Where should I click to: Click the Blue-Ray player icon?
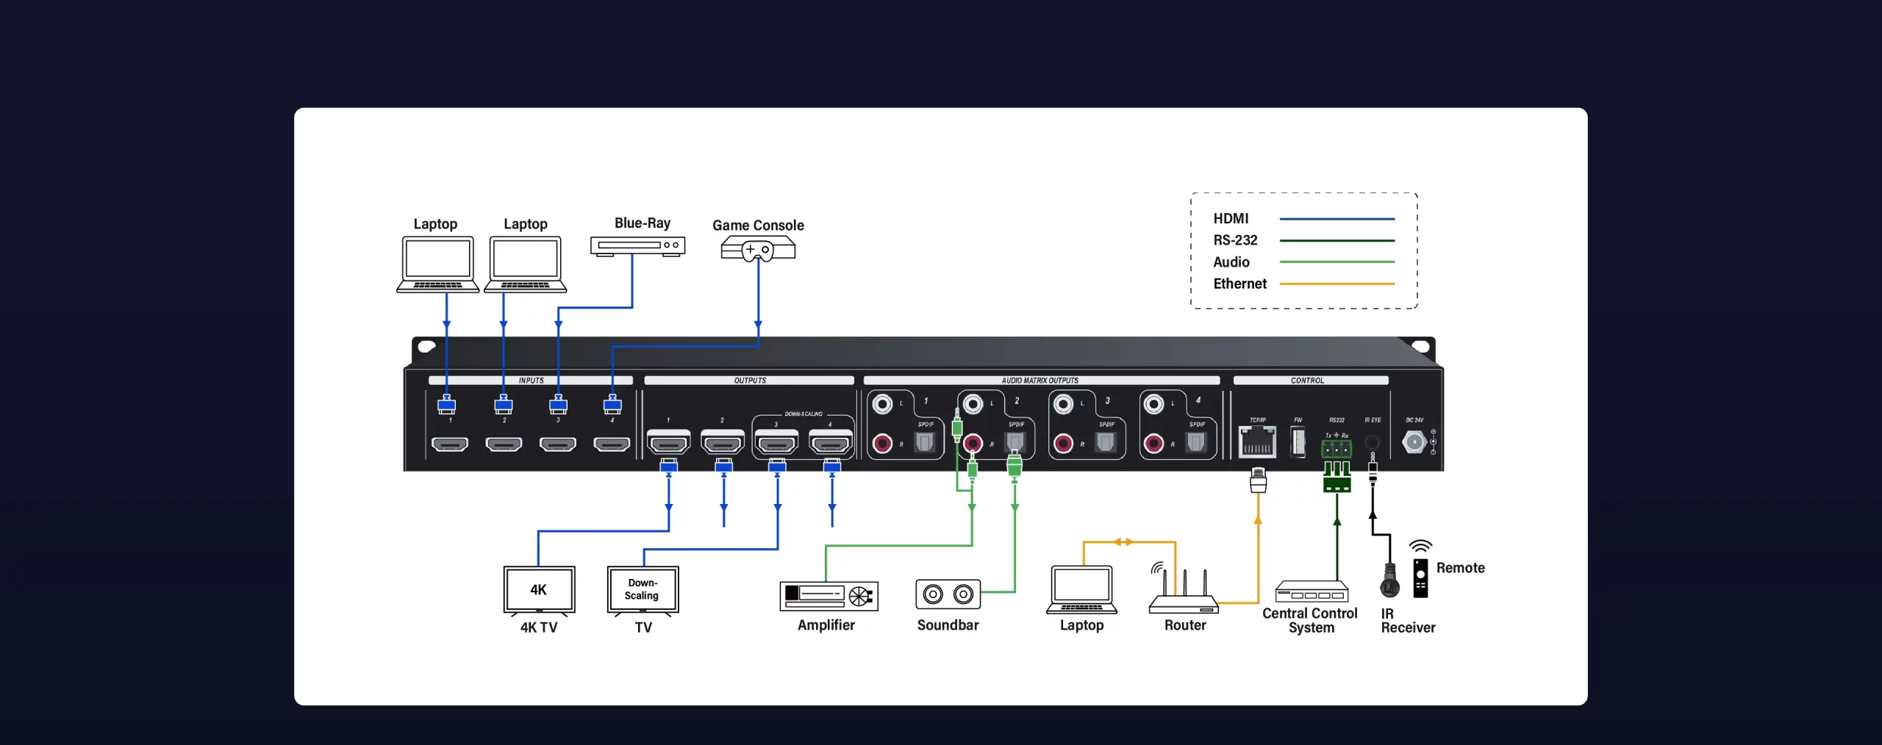[x=637, y=246]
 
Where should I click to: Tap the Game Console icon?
[x=758, y=249]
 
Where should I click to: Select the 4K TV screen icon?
[x=539, y=590]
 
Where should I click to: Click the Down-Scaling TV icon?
[x=643, y=590]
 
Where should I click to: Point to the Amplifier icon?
[x=829, y=595]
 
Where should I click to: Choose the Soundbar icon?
[x=948, y=594]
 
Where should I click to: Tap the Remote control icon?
[x=1420, y=577]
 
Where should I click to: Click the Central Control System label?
[x=1310, y=620]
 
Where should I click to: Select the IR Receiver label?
[x=1407, y=620]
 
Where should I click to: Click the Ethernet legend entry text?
[x=1239, y=284]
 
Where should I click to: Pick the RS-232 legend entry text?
[x=1235, y=240]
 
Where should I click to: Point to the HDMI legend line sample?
[x=1337, y=219]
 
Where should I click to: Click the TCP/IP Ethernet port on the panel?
[x=1257, y=442]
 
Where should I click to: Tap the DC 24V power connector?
[x=1414, y=442]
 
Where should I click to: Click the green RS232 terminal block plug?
[x=1337, y=476]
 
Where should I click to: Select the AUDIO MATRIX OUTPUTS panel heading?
[x=1040, y=381]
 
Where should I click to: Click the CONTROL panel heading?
[x=1307, y=381]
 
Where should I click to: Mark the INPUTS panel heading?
[x=531, y=381]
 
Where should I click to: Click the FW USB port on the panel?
[x=1298, y=442]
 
